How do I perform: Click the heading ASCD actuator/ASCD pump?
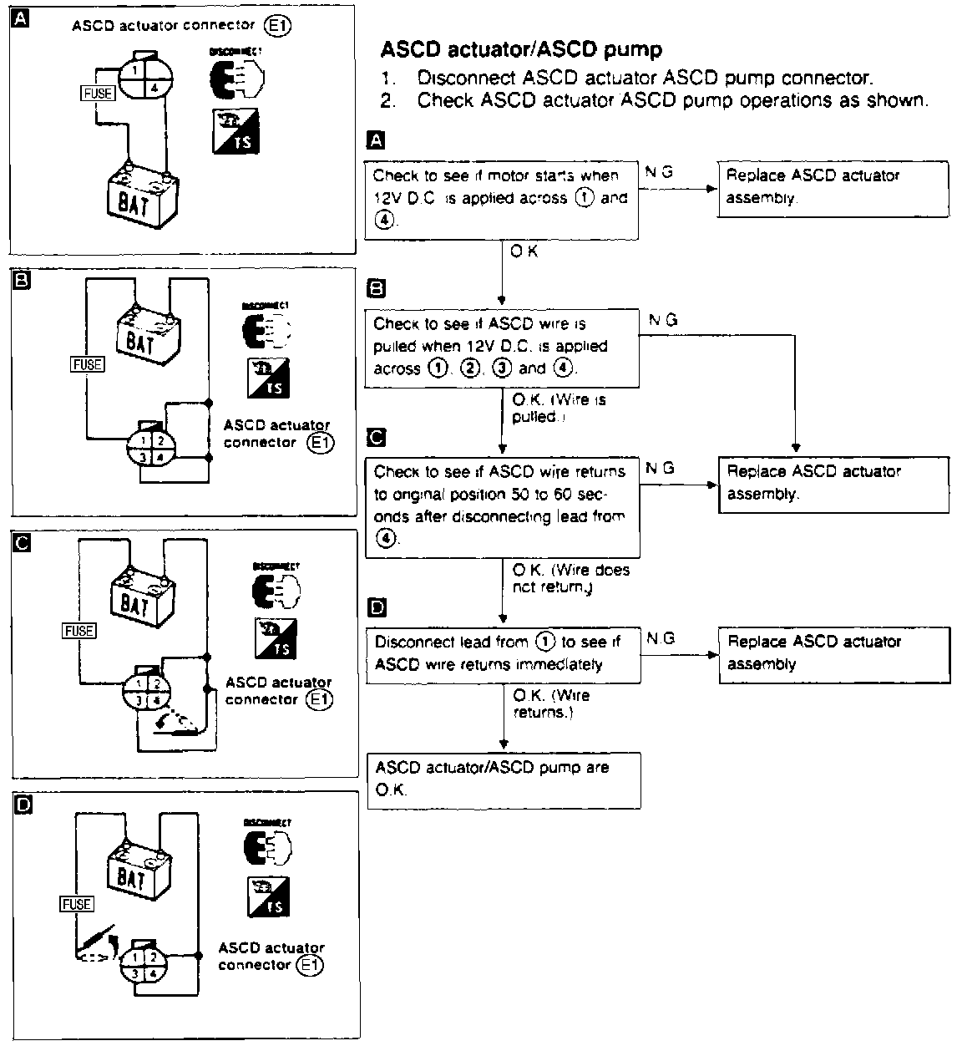(521, 49)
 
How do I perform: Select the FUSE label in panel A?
(98, 94)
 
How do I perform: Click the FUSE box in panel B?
(88, 364)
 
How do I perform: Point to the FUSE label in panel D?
(76, 904)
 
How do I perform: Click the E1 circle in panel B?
(321, 444)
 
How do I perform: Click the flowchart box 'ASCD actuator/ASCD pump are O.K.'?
(504, 779)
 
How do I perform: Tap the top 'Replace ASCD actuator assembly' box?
(833, 188)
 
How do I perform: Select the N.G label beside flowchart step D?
(661, 639)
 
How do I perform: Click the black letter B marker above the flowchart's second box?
(377, 289)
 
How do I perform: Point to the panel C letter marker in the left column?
(23, 544)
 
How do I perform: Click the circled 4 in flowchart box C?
(385, 539)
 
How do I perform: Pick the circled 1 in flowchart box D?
(545, 642)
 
